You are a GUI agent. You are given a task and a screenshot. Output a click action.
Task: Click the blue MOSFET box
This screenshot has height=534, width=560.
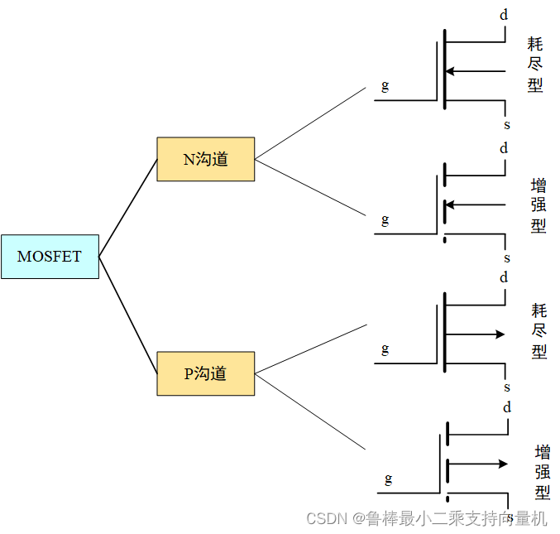(x=50, y=257)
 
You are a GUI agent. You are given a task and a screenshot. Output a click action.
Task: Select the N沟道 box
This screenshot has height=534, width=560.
(x=205, y=159)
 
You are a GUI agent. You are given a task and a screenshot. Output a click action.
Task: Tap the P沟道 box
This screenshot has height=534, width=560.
(x=205, y=373)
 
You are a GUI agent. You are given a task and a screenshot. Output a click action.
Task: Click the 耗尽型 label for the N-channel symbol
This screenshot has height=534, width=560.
(x=536, y=64)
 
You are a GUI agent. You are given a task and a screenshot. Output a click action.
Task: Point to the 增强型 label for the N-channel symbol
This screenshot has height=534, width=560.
(x=538, y=205)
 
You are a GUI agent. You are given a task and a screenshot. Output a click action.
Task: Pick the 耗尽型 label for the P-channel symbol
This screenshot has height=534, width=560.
(x=539, y=331)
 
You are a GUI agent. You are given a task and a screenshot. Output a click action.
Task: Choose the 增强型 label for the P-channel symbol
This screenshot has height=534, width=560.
(x=543, y=473)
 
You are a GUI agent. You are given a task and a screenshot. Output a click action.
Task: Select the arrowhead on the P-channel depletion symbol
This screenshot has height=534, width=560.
(x=499, y=334)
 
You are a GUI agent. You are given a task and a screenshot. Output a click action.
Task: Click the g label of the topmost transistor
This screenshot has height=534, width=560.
(x=385, y=85)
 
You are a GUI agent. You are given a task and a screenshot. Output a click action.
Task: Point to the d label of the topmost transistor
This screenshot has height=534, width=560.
(x=504, y=14)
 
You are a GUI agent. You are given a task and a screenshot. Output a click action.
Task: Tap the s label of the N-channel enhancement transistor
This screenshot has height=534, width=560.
(x=507, y=258)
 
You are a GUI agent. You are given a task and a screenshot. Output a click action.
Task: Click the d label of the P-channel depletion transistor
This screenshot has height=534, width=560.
(x=504, y=277)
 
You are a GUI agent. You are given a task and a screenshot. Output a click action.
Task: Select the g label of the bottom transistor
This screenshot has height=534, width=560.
(x=388, y=479)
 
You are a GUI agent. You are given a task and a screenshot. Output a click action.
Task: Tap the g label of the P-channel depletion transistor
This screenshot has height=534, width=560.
(x=385, y=349)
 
